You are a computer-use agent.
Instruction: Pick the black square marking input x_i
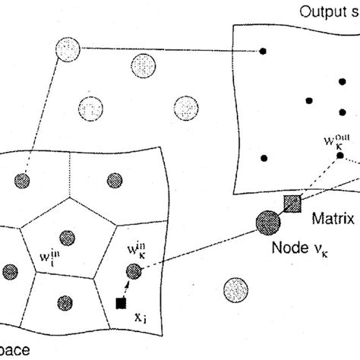point(120,304)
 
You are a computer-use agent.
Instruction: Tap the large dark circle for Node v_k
point(267,224)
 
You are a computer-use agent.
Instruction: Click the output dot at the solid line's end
point(264,51)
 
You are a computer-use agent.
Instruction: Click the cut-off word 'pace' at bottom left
point(15,352)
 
